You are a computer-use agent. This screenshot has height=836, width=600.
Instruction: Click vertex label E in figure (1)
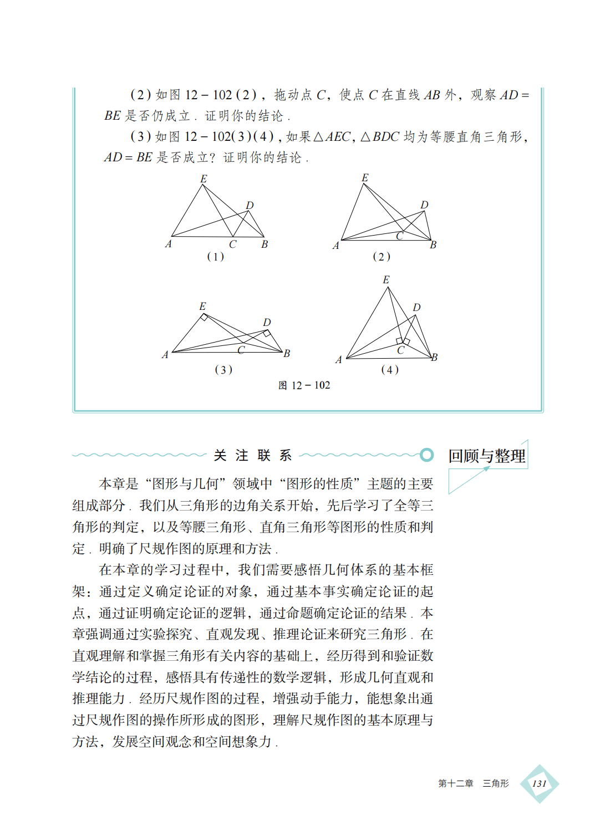(x=204, y=179)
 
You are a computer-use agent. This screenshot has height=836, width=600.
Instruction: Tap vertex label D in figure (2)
(x=424, y=205)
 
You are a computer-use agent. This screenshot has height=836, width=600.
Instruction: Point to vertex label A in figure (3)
(x=165, y=355)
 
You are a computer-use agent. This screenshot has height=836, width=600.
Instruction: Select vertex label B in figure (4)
(x=434, y=358)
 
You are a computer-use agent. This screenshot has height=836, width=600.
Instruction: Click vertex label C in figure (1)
(x=233, y=244)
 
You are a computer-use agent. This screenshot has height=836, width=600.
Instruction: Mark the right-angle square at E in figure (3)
(x=204, y=317)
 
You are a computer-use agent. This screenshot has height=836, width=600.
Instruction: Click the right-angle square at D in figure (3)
(x=267, y=333)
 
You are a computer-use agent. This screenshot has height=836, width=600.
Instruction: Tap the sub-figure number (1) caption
(x=215, y=257)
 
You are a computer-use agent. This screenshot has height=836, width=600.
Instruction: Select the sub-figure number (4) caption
(x=389, y=370)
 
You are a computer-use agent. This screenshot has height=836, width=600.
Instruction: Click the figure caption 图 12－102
(x=304, y=385)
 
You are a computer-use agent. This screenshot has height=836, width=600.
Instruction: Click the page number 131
(x=539, y=783)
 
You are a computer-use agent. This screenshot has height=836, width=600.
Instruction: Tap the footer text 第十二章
(x=455, y=783)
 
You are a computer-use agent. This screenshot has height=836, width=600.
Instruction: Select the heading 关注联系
(x=252, y=456)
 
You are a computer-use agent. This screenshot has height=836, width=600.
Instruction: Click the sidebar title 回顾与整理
(x=486, y=456)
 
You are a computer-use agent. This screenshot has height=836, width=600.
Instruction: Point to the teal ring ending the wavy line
(x=426, y=455)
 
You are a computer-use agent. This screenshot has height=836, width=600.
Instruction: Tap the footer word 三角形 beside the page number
(x=495, y=783)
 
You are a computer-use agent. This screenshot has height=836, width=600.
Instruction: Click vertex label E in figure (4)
(x=386, y=280)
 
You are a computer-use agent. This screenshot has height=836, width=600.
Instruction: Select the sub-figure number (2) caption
(x=381, y=257)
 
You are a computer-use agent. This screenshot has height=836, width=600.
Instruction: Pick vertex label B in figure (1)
(x=265, y=244)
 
